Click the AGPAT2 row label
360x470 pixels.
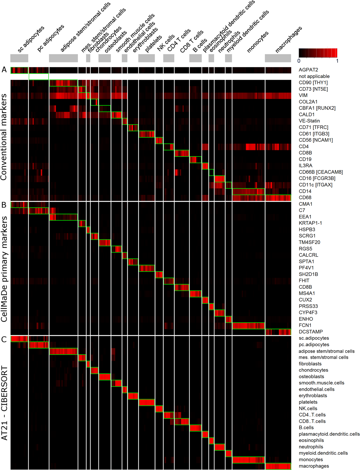click(308, 70)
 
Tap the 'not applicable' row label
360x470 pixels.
click(314, 76)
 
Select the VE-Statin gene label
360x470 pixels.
click(309, 121)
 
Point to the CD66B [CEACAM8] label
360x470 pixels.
click(321, 172)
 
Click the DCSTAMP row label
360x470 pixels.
click(311, 332)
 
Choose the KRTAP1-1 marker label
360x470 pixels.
click(310, 223)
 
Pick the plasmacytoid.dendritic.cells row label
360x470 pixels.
click(329, 434)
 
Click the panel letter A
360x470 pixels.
click(4, 70)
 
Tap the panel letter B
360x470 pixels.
click(4, 205)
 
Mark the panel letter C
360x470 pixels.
click(4, 339)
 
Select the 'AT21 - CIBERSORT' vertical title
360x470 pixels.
click(4, 403)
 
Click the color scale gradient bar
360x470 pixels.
click(318, 53)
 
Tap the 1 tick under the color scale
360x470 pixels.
click(337, 61)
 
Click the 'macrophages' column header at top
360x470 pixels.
click(288, 39)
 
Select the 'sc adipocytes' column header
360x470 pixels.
click(31, 39)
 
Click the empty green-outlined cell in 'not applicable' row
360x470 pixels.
click(39, 77)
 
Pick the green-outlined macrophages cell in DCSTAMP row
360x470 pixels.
click(278, 332)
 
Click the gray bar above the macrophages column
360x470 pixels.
click(278, 58)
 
